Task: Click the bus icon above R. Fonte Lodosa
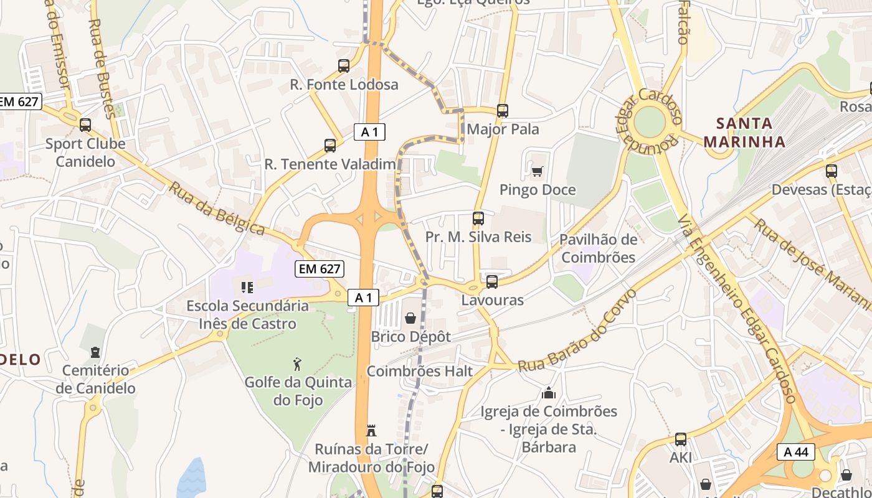pos(344,66)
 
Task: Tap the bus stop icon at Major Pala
pos(503,111)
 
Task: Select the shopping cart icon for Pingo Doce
pos(538,171)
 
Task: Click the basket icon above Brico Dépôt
pos(410,319)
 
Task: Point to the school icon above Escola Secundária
pos(247,288)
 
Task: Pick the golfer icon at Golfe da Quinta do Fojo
pos(297,364)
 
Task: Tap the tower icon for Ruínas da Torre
pos(371,431)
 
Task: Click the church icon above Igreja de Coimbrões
pos(549,393)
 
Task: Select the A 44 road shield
pos(796,452)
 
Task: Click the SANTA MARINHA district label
pos(744,133)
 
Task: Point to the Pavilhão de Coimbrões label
pos(598,248)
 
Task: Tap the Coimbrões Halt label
pos(420,371)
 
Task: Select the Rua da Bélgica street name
pos(216,209)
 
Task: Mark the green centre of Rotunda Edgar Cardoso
pos(650,122)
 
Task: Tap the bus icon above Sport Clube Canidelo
pos(85,125)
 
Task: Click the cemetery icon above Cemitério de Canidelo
pos(95,353)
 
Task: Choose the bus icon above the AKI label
pos(681,439)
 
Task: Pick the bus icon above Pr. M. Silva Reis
pos(478,218)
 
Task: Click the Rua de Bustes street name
pos(101,68)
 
